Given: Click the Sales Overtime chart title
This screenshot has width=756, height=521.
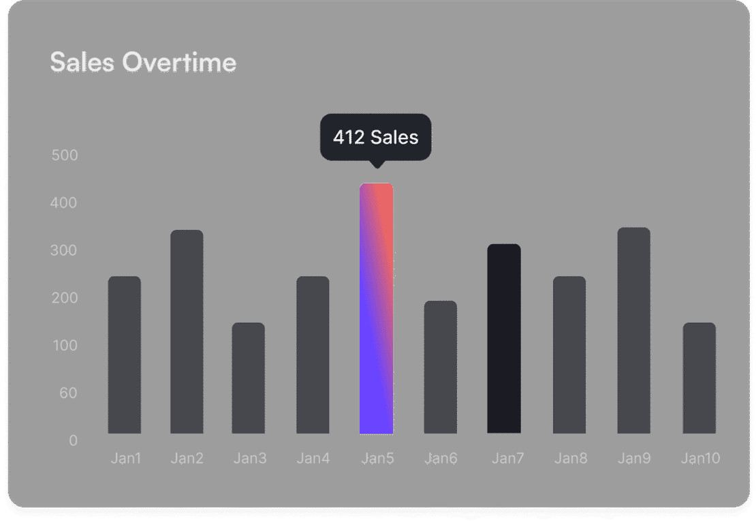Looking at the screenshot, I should coord(143,63).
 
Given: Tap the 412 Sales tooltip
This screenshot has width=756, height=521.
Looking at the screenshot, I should coord(375,137).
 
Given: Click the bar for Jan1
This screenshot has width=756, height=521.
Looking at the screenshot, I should coord(125,355).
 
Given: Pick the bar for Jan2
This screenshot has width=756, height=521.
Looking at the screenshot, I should coord(187,331).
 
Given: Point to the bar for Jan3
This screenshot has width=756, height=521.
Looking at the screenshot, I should coord(248,378).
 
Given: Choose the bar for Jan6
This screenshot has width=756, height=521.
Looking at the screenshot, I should coord(440,367).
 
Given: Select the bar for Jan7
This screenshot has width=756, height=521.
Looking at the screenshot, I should coord(504,338).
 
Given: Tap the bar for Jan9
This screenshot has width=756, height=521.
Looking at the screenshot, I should coord(633,330).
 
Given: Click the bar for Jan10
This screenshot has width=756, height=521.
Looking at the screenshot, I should coord(699,378).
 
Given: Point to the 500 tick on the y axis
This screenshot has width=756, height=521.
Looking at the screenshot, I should coord(65,155).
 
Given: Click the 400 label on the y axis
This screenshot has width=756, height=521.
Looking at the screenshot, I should coord(65,203).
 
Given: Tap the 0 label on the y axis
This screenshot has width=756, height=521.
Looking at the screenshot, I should coord(73,441).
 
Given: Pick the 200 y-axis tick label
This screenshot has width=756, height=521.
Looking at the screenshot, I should coord(65,298).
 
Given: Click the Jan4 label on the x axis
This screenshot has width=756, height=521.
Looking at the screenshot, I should coord(313,458).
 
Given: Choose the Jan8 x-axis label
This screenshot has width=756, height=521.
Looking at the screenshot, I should coord(570,458).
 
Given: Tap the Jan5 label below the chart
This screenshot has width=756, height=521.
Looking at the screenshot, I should coord(377,458).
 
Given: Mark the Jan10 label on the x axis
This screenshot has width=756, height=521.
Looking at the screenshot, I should coord(699,458).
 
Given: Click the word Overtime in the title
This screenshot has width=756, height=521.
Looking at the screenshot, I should coord(179,63).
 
